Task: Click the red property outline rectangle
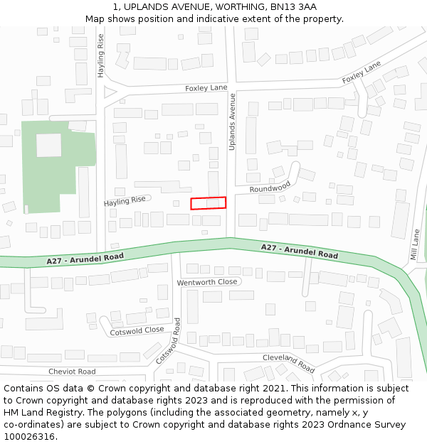[208, 203]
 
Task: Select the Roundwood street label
[270, 188]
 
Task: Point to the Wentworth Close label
[207, 282]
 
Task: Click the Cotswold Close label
[137, 331]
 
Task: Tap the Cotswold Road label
[169, 342]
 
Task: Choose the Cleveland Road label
[288, 363]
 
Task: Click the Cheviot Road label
[72, 372]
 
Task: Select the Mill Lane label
[415, 244]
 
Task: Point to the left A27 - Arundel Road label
[85, 259]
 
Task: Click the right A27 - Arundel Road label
[299, 251]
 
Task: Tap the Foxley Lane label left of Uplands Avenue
[206, 88]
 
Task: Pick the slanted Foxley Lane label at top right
[362, 72]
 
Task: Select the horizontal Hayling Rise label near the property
[125, 202]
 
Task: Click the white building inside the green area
[49, 145]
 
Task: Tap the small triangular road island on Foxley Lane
[110, 92]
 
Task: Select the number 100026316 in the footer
[30, 436]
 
